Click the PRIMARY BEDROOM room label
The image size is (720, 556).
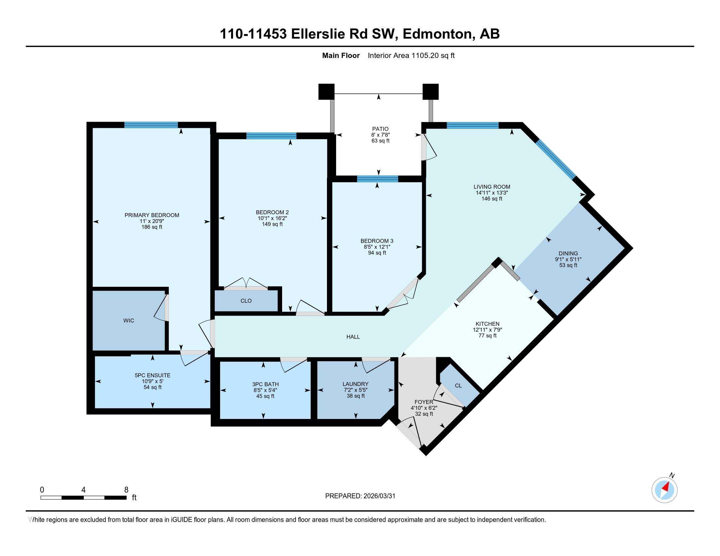coord(152,215)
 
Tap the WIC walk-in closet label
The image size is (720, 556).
coord(129,321)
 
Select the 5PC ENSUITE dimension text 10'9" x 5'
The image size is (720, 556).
coord(152,381)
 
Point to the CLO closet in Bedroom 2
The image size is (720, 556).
coord(246,301)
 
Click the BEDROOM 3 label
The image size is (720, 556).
coord(377,241)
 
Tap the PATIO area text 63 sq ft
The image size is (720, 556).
coord(380,141)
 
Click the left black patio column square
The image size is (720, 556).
coord(326,92)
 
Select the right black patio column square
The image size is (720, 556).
coord(431,92)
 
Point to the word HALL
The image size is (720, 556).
coord(353,337)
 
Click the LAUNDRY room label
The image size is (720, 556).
coord(355,384)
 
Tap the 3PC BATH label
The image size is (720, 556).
coord(265,384)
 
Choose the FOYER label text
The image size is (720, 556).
coord(423,402)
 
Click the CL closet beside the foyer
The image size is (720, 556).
coord(458,386)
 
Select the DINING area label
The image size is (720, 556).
coord(568,253)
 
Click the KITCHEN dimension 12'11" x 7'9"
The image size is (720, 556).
coord(487,330)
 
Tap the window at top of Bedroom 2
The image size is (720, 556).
coord(271,136)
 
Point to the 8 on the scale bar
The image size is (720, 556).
coord(126,490)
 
